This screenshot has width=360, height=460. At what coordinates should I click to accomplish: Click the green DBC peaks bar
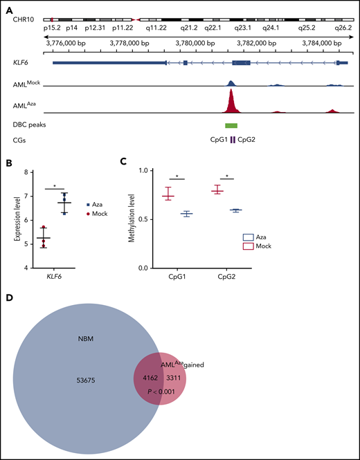tap(231, 125)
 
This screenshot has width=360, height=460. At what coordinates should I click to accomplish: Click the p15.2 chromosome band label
tap(53, 28)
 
